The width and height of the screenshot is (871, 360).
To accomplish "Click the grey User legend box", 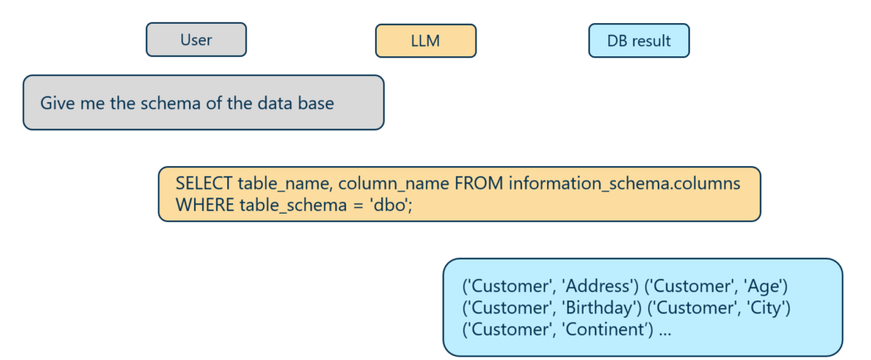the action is [196, 39].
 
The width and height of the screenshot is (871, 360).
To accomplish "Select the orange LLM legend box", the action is [425, 41].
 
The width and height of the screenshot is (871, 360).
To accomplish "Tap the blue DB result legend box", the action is [639, 41].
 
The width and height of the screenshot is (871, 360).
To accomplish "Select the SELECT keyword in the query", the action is [203, 184].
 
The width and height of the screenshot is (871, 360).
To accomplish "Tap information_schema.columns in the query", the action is [624, 185].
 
